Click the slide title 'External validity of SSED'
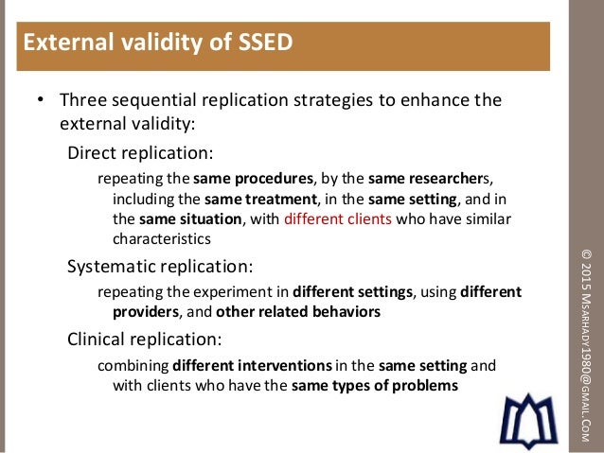[x=157, y=43]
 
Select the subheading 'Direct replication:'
[x=140, y=151]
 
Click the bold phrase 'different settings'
[x=352, y=291]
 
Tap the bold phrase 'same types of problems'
[x=375, y=385]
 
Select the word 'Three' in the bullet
[x=81, y=100]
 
